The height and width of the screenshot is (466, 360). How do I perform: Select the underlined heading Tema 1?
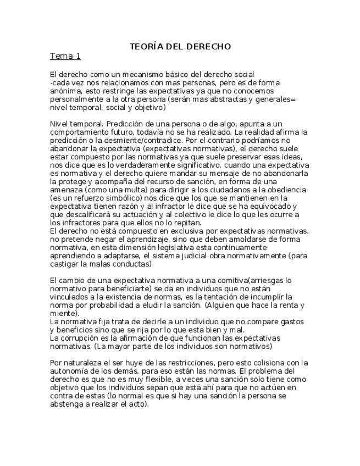click(x=65, y=56)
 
